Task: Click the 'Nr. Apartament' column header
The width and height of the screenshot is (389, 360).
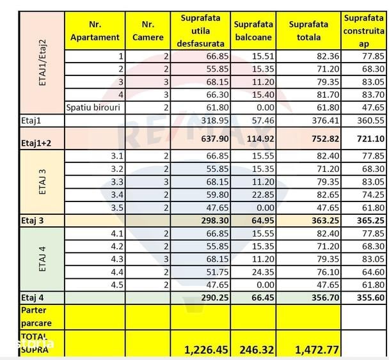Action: click(x=95, y=31)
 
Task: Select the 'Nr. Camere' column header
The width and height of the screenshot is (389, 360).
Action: click(x=148, y=31)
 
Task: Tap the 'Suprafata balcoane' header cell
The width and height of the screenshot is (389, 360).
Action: click(x=253, y=31)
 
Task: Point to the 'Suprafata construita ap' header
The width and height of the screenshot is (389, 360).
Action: click(x=363, y=31)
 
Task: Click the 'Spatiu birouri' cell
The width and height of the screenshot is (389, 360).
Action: click(x=93, y=107)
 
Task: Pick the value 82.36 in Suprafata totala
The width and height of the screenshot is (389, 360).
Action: click(x=328, y=56)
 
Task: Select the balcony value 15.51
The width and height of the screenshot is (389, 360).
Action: click(x=263, y=56)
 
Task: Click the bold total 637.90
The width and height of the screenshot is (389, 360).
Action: click(x=215, y=139)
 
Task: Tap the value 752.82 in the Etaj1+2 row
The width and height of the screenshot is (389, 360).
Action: click(x=325, y=139)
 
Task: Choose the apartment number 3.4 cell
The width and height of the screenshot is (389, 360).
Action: click(x=117, y=194)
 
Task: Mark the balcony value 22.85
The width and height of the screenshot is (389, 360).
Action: click(x=263, y=194)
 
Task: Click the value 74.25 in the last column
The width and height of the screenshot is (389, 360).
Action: click(x=373, y=194)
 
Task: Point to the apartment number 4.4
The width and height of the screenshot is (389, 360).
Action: click(x=117, y=272)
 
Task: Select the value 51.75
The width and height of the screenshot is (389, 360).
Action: click(x=218, y=272)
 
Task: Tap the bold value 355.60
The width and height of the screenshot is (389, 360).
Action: click(x=370, y=297)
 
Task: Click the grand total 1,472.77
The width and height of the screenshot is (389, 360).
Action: click(x=317, y=350)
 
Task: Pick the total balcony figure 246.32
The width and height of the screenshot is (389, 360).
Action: click(x=257, y=350)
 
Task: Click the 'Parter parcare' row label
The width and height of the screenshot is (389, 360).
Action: click(x=34, y=317)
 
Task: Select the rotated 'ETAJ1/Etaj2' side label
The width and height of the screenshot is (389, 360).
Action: click(x=42, y=63)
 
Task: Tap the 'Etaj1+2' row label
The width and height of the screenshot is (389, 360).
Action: click(x=36, y=143)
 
